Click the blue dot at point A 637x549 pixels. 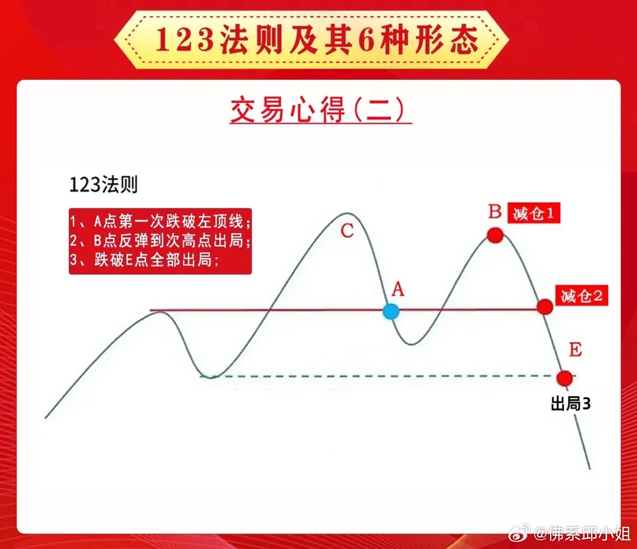pyautogui.click(x=391, y=311)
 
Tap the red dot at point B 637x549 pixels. pyautogui.click(x=495, y=235)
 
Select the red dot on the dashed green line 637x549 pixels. pyautogui.click(x=565, y=378)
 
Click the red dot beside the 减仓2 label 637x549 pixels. pyautogui.click(x=545, y=306)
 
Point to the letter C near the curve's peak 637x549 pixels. pyautogui.click(x=347, y=231)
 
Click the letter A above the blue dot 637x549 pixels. pyautogui.click(x=398, y=290)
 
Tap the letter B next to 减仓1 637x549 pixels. pyautogui.click(x=495, y=211)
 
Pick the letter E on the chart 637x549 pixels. pyautogui.click(x=575, y=350)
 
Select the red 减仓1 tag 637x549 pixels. pyautogui.click(x=534, y=213)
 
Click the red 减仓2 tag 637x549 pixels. pyautogui.click(x=582, y=296)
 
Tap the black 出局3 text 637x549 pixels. pyautogui.click(x=571, y=404)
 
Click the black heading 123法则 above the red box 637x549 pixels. pyautogui.click(x=103, y=185)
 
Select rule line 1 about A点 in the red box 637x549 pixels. pyautogui.click(x=160, y=222)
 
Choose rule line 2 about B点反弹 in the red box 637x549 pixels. pyautogui.click(x=160, y=240)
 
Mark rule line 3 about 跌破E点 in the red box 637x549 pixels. pyautogui.click(x=144, y=260)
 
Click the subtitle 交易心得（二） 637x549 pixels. pyautogui.click(x=320, y=110)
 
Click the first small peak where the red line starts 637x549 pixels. pyautogui.click(x=159, y=313)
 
